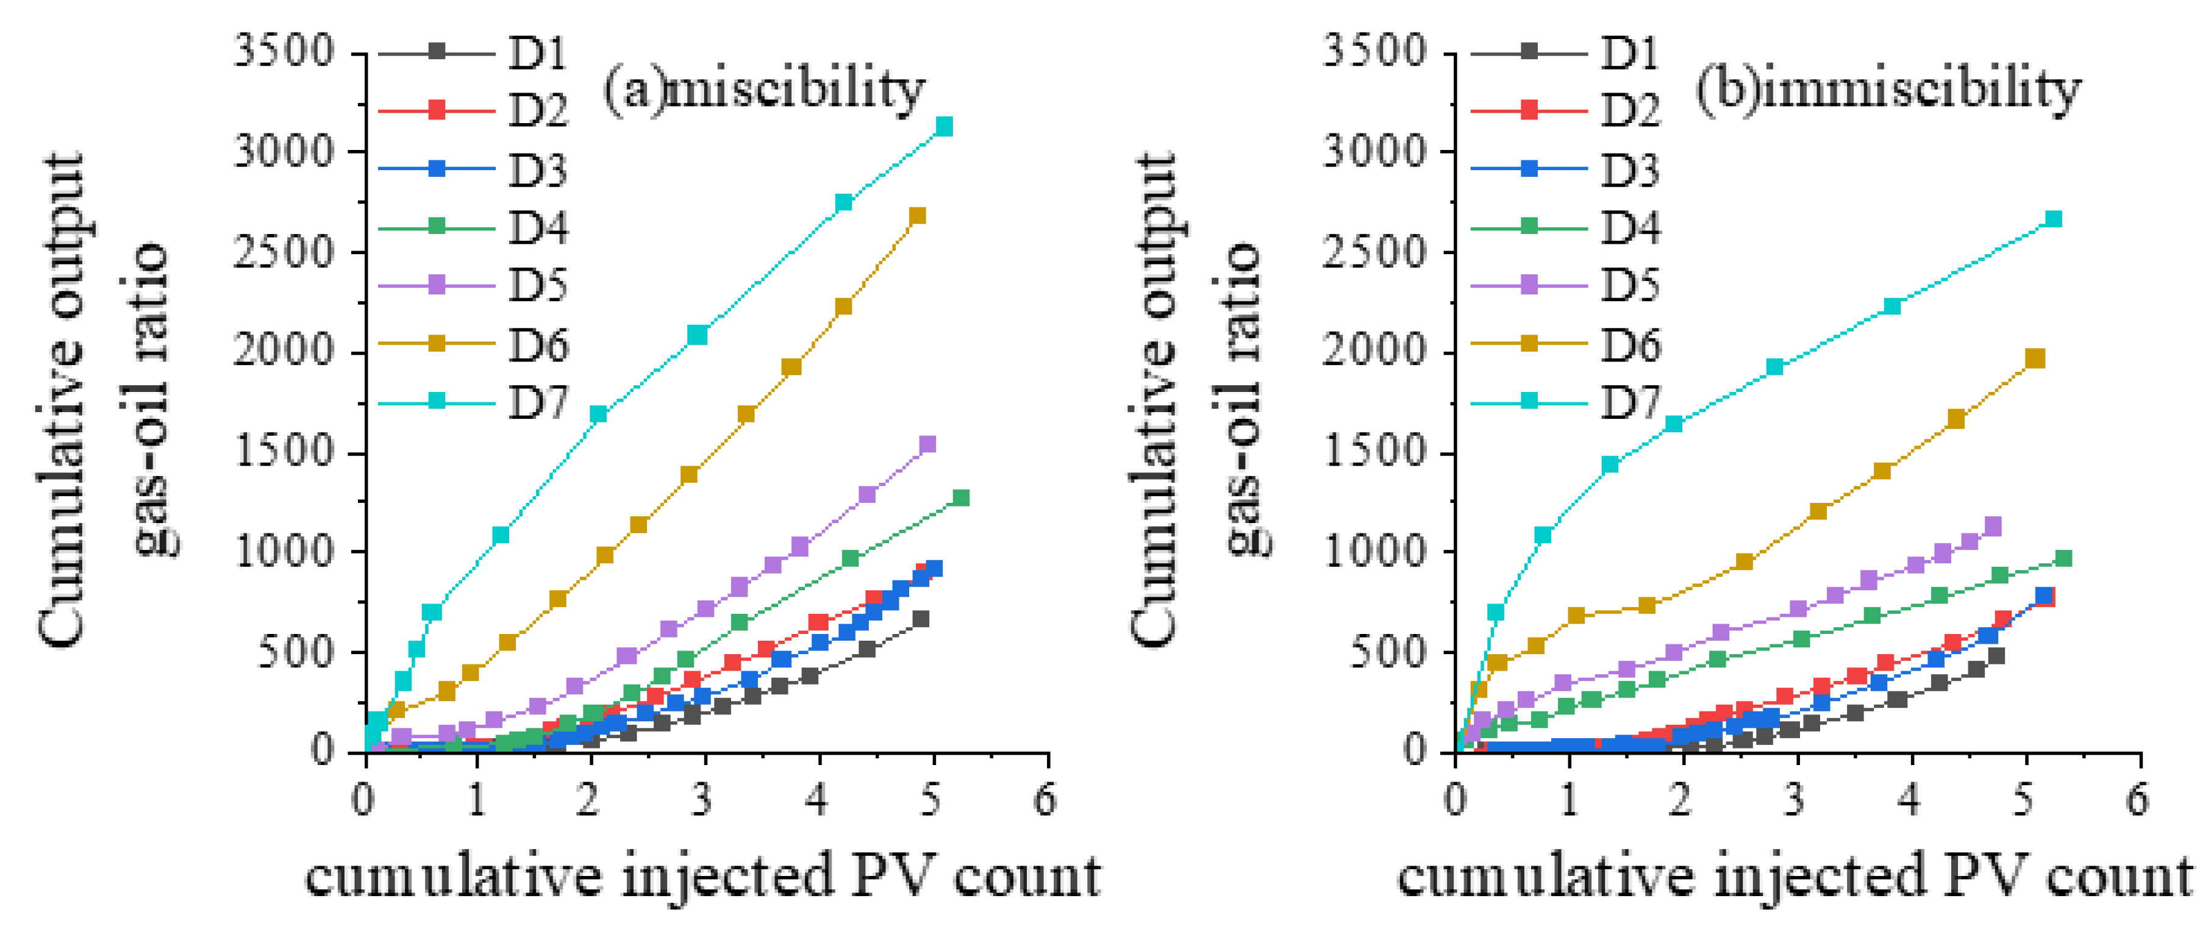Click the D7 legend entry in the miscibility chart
point(474,401)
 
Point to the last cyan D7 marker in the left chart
point(944,127)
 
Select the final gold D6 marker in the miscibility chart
point(918,215)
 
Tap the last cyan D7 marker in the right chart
point(2053,219)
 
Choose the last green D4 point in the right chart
point(2064,559)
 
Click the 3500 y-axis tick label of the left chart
point(284,51)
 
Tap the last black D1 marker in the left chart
point(921,619)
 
